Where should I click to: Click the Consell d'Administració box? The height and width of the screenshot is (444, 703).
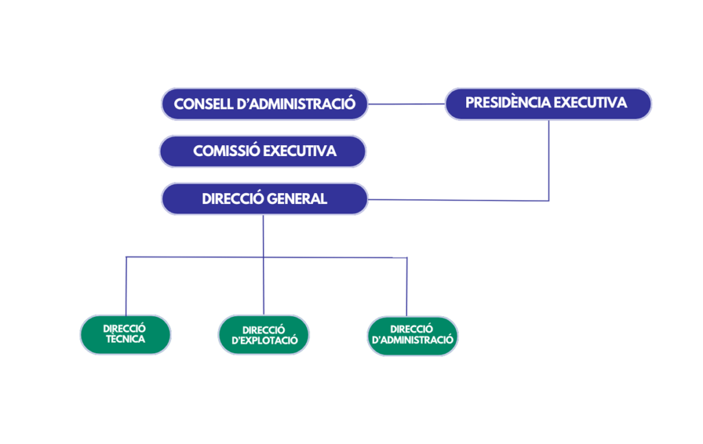264,104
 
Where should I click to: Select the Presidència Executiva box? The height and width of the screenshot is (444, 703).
547,103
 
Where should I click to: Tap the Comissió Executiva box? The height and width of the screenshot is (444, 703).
264,151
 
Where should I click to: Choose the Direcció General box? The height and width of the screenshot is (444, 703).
264,199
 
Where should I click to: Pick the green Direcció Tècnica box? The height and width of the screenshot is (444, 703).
125,334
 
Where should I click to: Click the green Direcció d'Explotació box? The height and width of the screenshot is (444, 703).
264,335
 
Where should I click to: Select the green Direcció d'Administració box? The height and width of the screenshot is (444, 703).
412,335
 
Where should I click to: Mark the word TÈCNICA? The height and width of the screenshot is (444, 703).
125,340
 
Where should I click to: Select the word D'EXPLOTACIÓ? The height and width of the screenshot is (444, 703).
264,341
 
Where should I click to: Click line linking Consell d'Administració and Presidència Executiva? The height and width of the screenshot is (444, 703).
406,104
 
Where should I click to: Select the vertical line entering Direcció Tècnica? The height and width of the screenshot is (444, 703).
125,285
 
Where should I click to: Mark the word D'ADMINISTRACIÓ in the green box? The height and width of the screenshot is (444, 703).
412,340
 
